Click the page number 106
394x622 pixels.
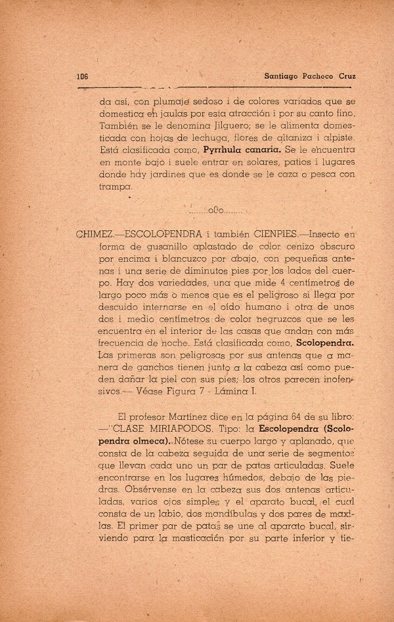click(x=83, y=75)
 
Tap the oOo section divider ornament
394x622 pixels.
click(x=216, y=211)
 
